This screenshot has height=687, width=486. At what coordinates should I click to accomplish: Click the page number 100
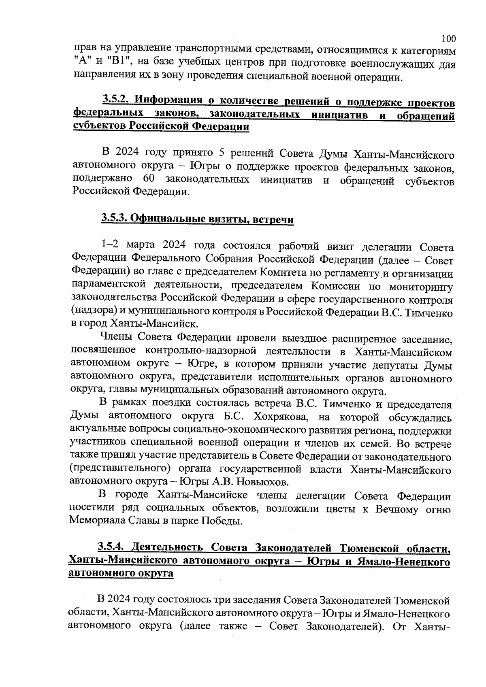tap(448, 39)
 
